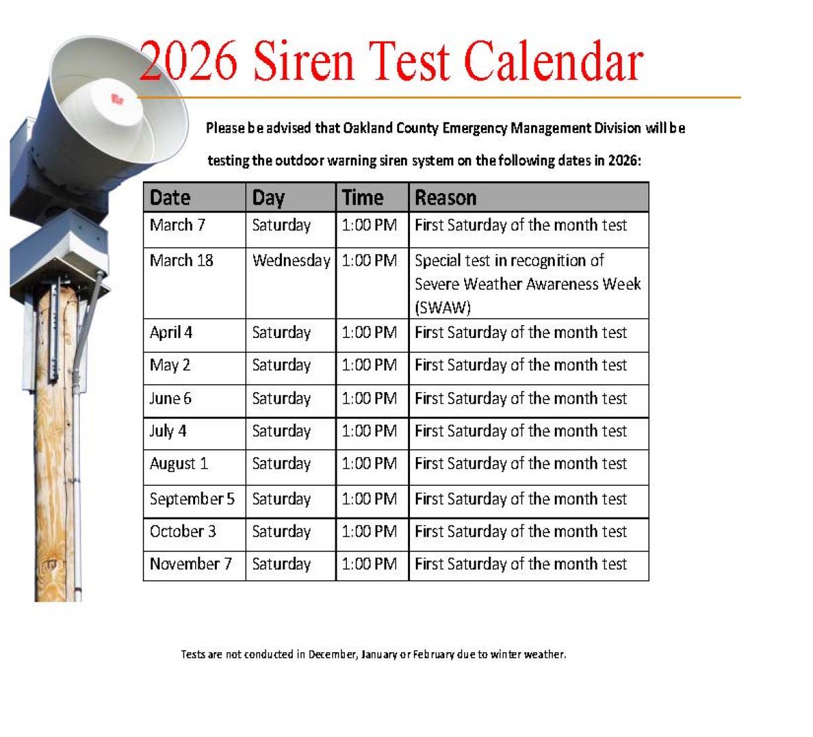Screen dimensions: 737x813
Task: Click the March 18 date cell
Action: pyautogui.click(x=182, y=261)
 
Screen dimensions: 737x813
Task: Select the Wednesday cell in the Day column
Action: pyautogui.click(x=291, y=261)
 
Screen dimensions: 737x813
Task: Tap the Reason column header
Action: pyautogui.click(x=445, y=198)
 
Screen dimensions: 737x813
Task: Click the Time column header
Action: pyautogui.click(x=362, y=198)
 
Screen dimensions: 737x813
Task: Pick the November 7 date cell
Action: pyautogui.click(x=190, y=564)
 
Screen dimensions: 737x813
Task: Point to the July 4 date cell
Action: pyautogui.click(x=168, y=431)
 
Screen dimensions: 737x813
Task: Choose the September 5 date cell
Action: pyautogui.click(x=192, y=499)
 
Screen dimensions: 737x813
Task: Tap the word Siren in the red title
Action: pyautogui.click(x=304, y=62)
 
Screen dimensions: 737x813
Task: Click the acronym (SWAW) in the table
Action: pyautogui.click(x=442, y=308)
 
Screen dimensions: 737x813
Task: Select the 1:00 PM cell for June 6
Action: pyautogui.click(x=369, y=399)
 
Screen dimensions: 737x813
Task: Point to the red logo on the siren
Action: pyautogui.click(x=117, y=100)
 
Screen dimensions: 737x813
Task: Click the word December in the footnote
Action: pyautogui.click(x=332, y=654)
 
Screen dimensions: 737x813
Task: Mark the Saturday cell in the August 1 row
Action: pyautogui.click(x=281, y=464)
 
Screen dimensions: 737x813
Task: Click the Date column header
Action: pyautogui.click(x=170, y=198)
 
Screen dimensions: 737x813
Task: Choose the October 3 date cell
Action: pyautogui.click(x=183, y=532)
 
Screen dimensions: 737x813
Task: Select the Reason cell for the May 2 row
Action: pyautogui.click(x=520, y=366)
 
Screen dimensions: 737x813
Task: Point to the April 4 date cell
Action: pyautogui.click(x=171, y=333)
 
